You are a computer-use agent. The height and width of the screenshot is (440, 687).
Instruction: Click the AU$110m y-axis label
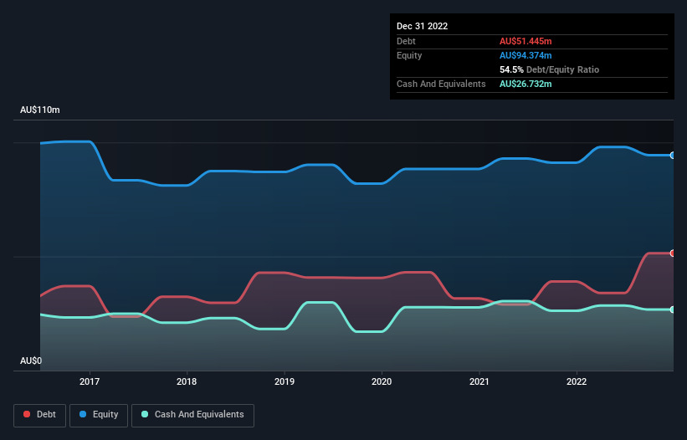point(39,110)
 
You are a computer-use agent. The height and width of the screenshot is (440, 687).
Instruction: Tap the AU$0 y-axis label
point(30,361)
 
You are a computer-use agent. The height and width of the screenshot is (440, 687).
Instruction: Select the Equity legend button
point(99,414)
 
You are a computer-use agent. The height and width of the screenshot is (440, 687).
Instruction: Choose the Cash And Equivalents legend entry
point(192,414)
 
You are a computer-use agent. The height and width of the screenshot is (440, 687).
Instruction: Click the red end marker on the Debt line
point(672,253)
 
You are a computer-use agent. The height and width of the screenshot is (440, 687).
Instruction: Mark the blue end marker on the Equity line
point(672,155)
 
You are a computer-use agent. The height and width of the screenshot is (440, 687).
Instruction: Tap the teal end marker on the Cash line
point(672,310)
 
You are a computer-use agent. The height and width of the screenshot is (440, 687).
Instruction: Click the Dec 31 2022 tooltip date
point(422,26)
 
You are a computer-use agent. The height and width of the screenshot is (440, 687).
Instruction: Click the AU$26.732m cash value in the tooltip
point(526,84)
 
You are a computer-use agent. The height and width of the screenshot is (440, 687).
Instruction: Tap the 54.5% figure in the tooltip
point(512,69)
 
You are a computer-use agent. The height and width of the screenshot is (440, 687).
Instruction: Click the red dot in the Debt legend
point(28,414)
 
